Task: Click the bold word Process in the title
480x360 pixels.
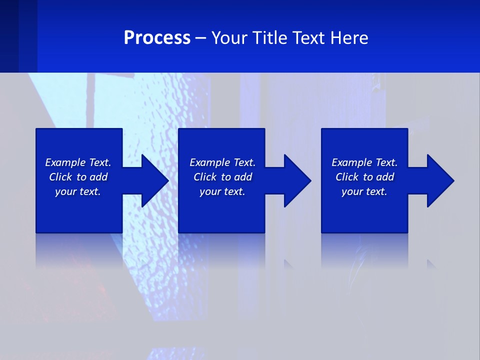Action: [x=157, y=38]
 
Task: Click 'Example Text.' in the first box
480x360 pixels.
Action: [x=78, y=162]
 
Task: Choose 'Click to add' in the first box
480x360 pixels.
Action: [x=78, y=177]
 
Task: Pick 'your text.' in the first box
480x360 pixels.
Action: [x=78, y=191]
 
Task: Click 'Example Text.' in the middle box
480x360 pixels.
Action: [x=222, y=162]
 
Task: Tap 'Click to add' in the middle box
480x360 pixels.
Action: [x=222, y=177]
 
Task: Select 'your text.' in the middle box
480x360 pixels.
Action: [x=222, y=191]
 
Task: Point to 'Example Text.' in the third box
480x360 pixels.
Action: [x=364, y=162]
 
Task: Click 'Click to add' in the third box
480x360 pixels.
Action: [x=364, y=177]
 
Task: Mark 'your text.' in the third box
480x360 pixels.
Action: [x=364, y=191]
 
